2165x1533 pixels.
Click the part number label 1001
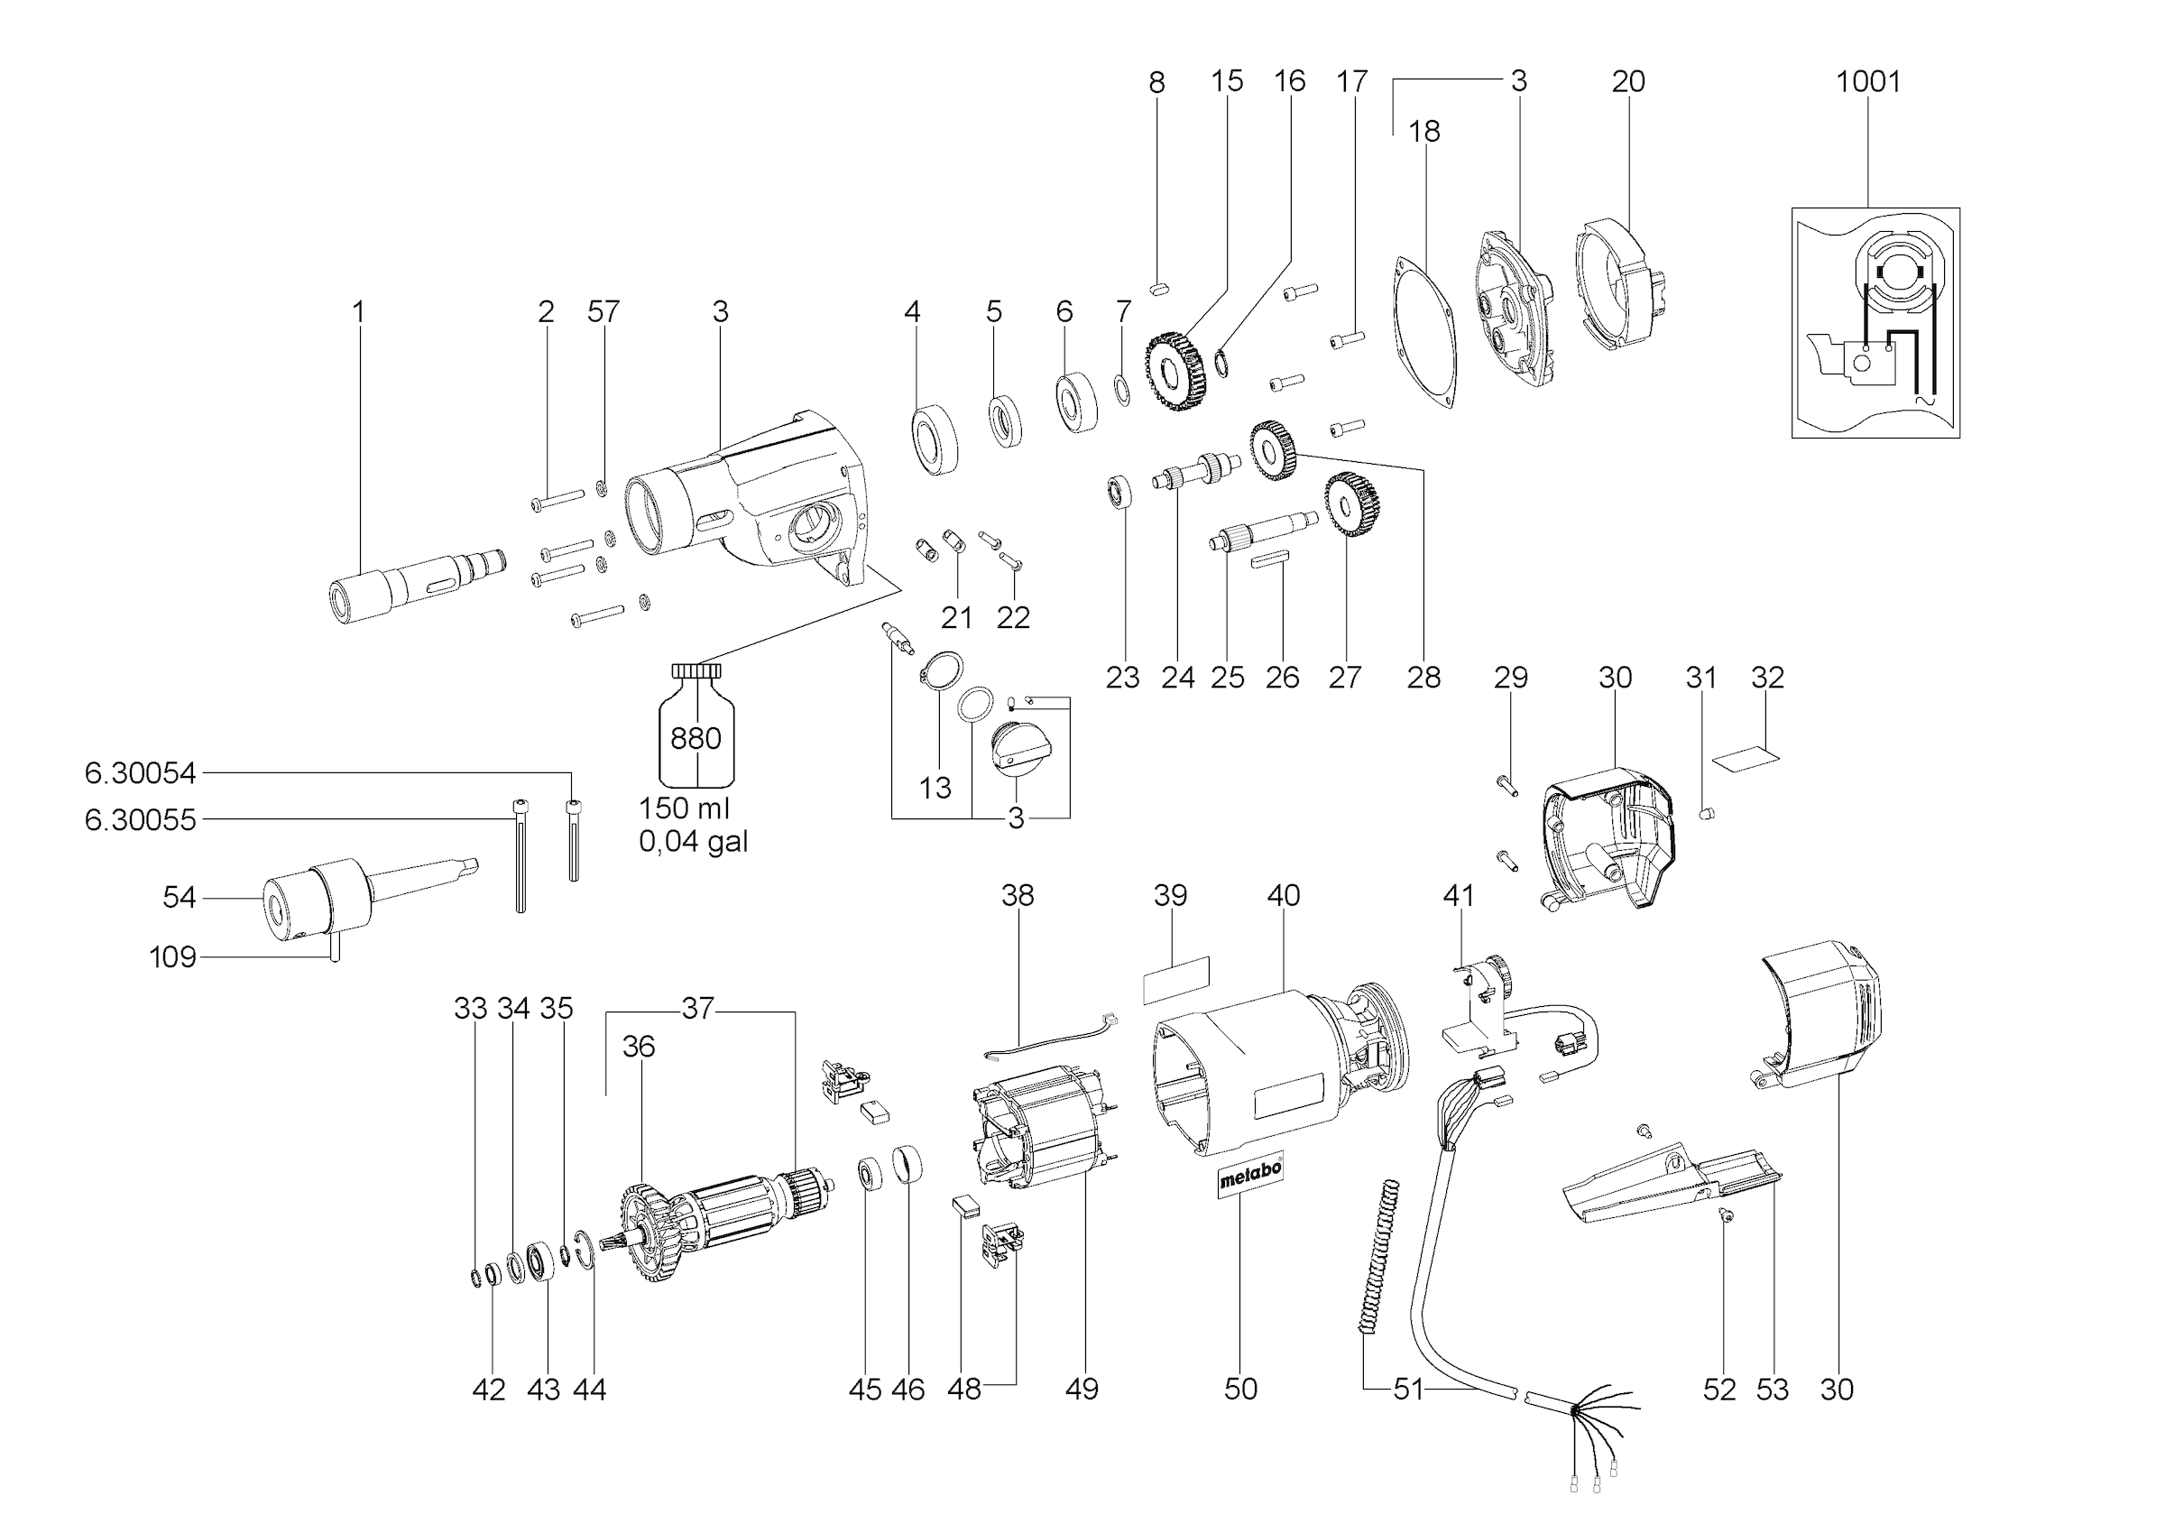(1866, 81)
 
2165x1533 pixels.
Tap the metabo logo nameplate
(1249, 1177)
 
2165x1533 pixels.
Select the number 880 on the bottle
(696, 737)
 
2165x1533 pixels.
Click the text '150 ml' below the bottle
(685, 808)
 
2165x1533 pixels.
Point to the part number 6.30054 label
(141, 773)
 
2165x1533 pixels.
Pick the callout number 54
(180, 897)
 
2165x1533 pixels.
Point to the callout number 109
(172, 957)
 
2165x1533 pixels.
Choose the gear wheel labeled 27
(1351, 505)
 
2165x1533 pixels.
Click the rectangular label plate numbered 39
(1175, 980)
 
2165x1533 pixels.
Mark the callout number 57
(603, 311)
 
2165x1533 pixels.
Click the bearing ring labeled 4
(935, 439)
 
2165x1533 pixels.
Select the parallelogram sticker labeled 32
(1746, 756)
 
